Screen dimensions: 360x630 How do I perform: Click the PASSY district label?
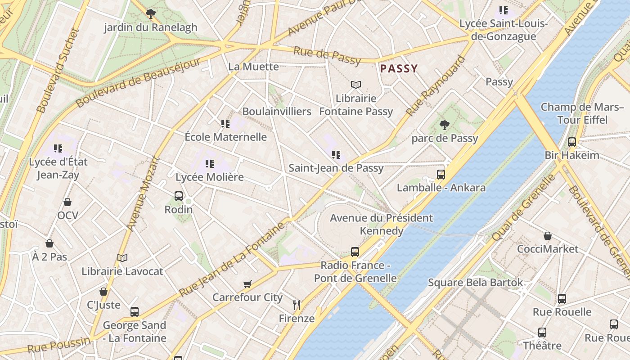(399, 69)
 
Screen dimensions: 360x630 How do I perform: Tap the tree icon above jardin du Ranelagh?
(151, 14)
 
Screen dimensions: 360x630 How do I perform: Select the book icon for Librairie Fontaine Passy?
(356, 85)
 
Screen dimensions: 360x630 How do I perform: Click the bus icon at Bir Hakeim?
(572, 142)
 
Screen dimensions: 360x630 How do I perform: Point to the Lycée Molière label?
(210, 177)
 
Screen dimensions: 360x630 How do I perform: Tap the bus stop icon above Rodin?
(179, 196)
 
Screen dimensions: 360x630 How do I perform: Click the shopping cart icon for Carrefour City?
(247, 284)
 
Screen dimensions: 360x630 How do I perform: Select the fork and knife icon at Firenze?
(297, 305)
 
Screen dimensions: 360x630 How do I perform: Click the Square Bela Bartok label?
(475, 283)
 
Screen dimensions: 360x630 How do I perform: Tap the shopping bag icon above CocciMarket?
(548, 236)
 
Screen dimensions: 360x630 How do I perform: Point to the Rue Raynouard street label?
(435, 85)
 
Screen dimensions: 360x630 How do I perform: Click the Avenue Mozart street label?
(144, 193)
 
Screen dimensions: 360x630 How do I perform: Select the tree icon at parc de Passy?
(445, 125)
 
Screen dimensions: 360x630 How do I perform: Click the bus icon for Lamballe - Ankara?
(441, 175)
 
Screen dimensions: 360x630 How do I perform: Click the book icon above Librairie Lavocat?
(122, 258)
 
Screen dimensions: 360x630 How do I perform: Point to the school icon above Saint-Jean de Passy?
(336, 155)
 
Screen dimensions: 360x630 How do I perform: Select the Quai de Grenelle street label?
(524, 207)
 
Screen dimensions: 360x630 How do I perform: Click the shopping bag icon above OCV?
(67, 202)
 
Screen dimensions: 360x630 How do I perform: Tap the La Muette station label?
(253, 67)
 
